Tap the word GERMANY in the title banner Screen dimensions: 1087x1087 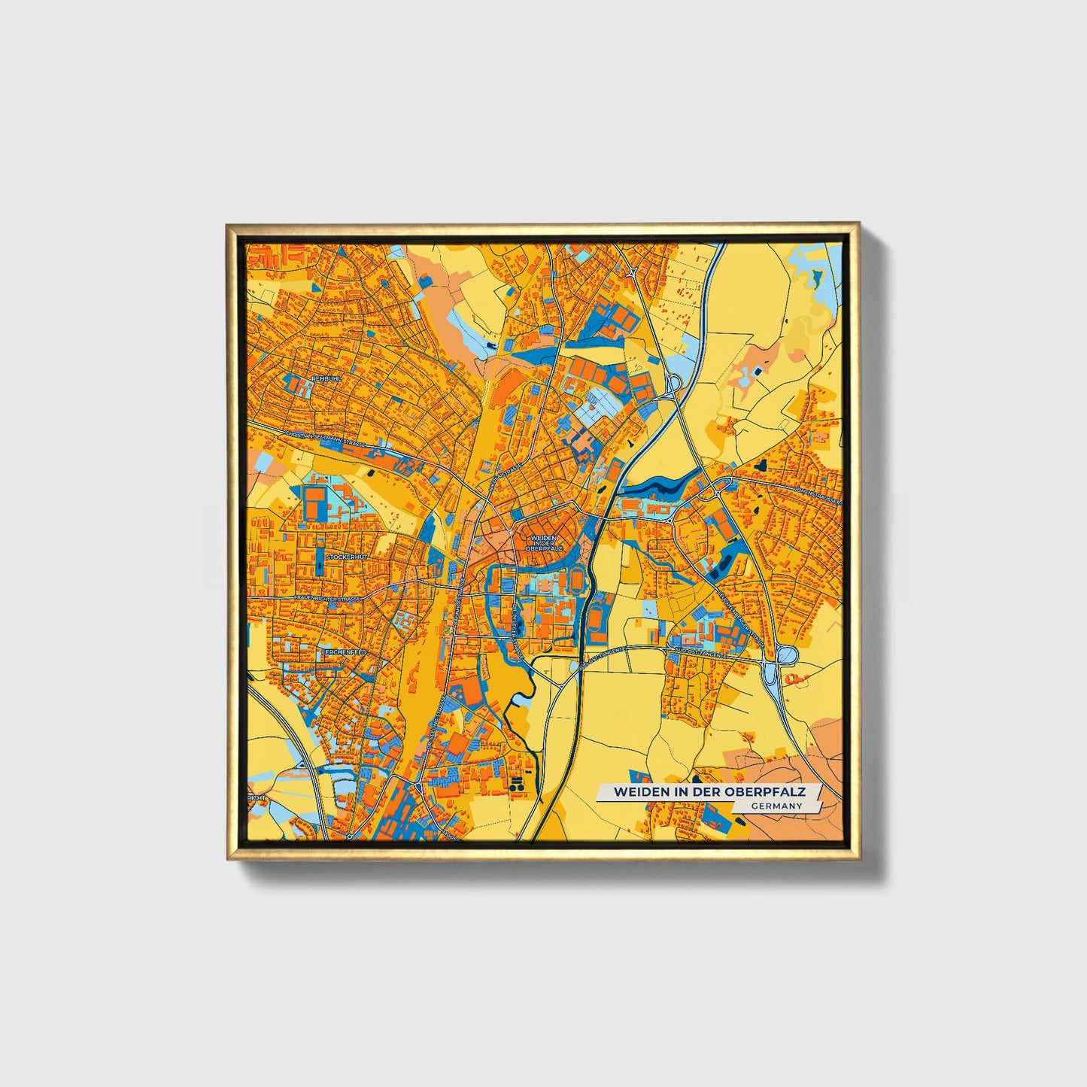point(776,806)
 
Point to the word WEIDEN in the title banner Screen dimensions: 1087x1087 point(638,792)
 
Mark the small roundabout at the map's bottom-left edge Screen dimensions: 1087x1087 point(349,837)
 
